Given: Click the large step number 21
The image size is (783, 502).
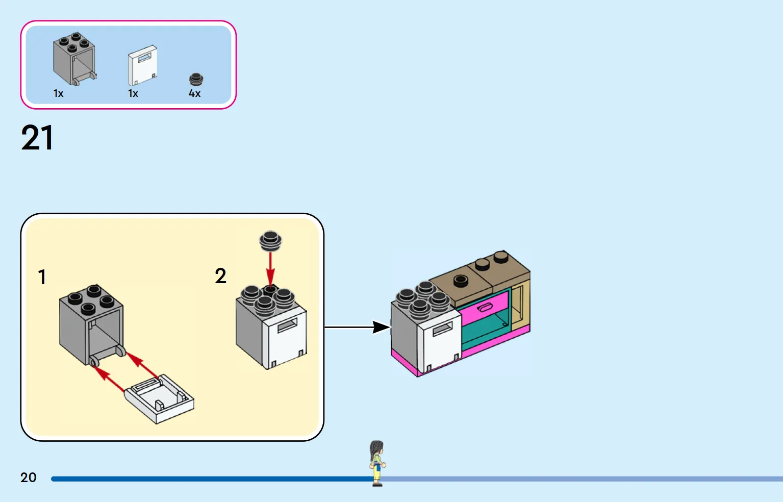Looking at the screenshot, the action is (37, 138).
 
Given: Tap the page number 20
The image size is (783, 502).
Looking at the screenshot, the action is (29, 478).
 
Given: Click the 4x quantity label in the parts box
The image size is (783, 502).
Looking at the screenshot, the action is (194, 93).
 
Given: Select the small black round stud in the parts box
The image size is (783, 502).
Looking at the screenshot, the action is (196, 80).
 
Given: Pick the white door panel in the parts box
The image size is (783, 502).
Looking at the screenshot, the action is (143, 65).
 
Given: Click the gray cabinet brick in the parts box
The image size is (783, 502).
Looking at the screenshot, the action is (74, 59).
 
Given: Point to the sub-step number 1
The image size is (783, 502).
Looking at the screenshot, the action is (42, 277).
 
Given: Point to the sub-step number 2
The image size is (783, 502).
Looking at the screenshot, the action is (220, 276).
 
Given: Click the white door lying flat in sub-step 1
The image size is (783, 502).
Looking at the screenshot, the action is (159, 398).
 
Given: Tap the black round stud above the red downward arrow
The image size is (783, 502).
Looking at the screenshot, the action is (270, 241).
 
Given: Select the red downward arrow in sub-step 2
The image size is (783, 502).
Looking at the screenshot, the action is (270, 270).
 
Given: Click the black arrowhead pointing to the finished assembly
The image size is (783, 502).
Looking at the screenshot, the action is (381, 327).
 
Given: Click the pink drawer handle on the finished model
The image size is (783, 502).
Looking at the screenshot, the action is (485, 308).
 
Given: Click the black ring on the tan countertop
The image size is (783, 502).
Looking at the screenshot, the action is (460, 280).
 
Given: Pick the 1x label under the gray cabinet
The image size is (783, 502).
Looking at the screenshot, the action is (58, 93).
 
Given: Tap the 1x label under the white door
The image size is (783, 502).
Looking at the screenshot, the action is (133, 93).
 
